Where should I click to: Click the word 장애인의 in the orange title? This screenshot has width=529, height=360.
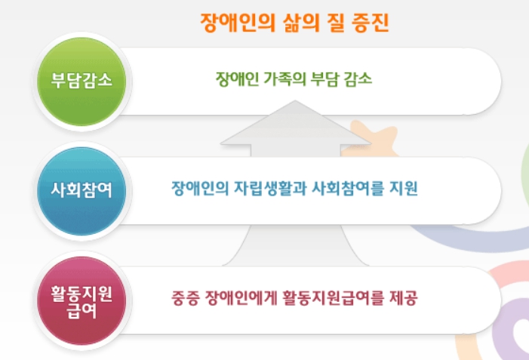232,23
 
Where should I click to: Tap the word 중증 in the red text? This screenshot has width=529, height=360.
185,297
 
